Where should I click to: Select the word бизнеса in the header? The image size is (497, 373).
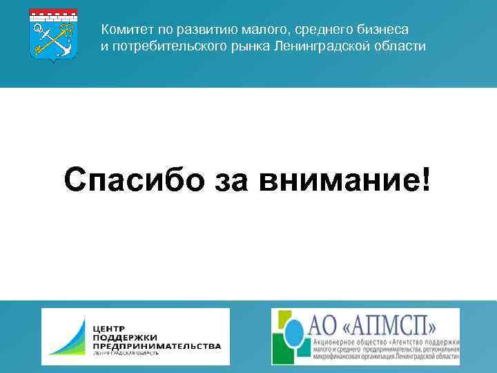click(385, 30)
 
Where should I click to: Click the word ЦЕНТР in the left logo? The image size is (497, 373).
click(109, 325)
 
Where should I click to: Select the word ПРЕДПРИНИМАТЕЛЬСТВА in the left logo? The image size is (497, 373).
click(157, 345)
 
